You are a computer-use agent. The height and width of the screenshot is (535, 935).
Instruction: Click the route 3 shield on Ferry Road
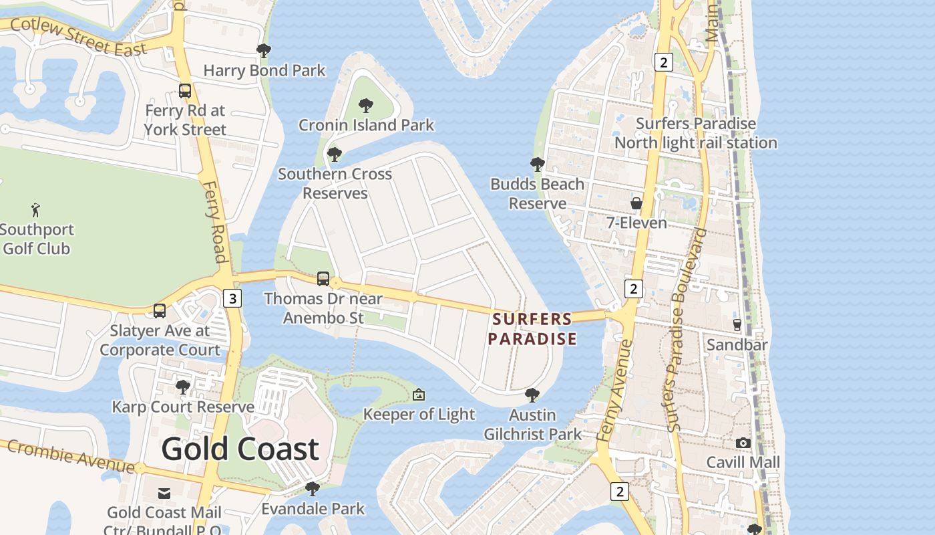point(232,298)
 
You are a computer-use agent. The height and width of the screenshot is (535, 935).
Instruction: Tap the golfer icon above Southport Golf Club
point(36,210)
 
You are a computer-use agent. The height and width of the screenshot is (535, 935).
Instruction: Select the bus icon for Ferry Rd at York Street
point(185,91)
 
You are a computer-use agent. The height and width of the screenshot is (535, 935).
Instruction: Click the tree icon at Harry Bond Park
point(264,51)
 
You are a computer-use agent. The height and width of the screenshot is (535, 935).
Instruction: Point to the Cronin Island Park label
point(366,125)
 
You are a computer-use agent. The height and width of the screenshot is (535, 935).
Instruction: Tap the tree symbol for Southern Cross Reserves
point(335,155)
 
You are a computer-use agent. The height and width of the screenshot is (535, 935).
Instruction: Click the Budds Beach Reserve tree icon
point(537,165)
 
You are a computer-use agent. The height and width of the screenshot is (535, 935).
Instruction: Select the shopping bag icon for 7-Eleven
point(636,203)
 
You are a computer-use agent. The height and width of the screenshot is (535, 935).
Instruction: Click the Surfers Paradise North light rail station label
point(695,133)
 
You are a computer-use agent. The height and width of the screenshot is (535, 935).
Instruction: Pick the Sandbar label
point(737,345)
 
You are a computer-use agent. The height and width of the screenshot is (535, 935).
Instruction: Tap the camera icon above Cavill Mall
point(743,443)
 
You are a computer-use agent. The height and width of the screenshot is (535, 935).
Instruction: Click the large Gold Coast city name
point(240,449)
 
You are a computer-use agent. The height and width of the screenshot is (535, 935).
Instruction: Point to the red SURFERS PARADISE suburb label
point(532,329)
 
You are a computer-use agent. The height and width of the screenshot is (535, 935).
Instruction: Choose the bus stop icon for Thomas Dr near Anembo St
point(323,278)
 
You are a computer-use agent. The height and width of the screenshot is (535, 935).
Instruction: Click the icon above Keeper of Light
point(419,395)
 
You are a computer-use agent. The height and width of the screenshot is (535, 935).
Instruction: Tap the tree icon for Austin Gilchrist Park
point(532,395)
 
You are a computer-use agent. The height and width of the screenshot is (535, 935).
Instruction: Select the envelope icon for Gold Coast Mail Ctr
point(164,494)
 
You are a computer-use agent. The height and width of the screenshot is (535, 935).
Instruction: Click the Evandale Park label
point(313,509)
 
